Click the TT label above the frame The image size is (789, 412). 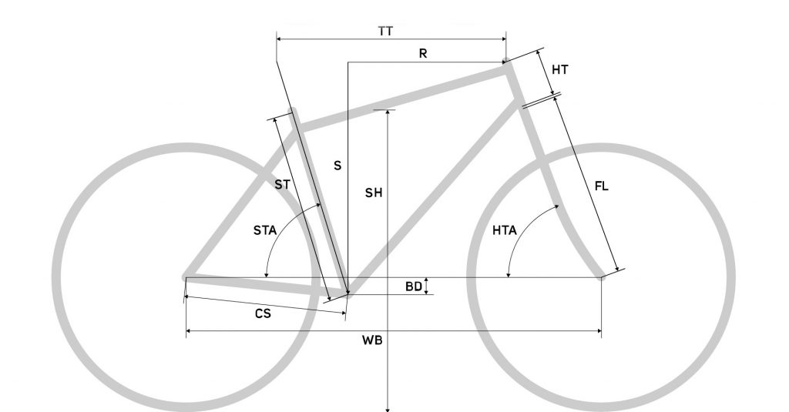pos(385,32)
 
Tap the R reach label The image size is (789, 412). pos(423,53)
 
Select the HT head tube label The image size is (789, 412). pos(560,70)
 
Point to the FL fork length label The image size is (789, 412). pos(601,186)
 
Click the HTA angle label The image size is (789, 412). pos(504,230)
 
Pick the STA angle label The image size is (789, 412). pos(265,230)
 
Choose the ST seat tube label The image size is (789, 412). pos(282,185)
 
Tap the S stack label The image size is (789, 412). pos(337,166)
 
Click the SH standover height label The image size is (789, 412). pos(374,193)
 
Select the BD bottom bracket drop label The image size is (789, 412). pos(414,286)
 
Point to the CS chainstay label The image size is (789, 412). pos(263,314)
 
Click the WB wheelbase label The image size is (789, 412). pos(372,340)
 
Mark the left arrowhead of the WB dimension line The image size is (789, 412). pos(189,331)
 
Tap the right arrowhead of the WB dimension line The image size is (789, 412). pos(599,331)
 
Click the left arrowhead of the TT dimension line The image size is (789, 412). pos(279,39)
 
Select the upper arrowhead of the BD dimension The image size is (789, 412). pos(426,280)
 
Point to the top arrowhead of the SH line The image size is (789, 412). pos(388,112)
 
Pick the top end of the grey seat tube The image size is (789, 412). pos(291,110)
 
